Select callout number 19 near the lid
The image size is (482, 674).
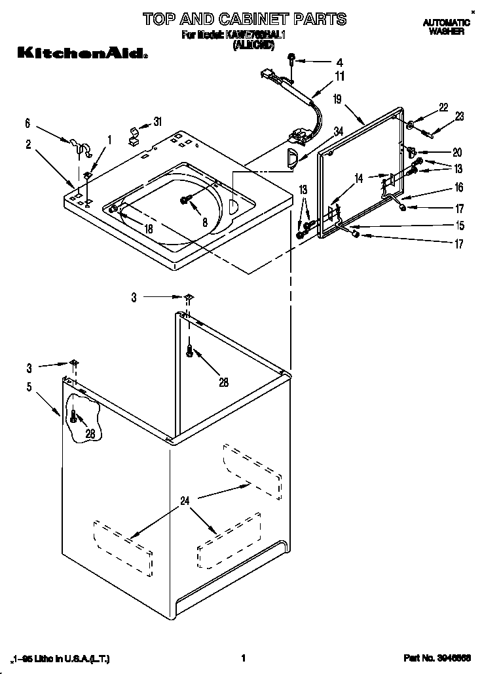337,100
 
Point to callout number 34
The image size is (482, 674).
338,131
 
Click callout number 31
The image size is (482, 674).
157,122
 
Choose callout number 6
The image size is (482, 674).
28,123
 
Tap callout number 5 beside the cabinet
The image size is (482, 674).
29,387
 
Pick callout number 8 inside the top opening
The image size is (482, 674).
205,222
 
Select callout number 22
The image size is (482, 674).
443,108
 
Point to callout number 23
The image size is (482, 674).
459,117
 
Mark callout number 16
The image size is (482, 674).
458,188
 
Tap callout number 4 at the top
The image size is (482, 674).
339,63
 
